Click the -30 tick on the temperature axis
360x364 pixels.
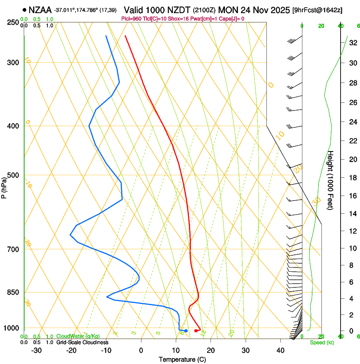click(x=36, y=350)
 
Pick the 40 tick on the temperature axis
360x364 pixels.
click(x=280, y=350)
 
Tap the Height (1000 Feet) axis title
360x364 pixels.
click(x=331, y=180)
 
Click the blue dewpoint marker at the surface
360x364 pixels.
click(x=186, y=331)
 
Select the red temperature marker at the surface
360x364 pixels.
click(x=195, y=331)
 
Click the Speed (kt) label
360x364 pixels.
click(x=321, y=342)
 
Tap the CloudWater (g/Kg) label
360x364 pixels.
click(x=79, y=336)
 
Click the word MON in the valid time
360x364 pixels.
click(x=227, y=10)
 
